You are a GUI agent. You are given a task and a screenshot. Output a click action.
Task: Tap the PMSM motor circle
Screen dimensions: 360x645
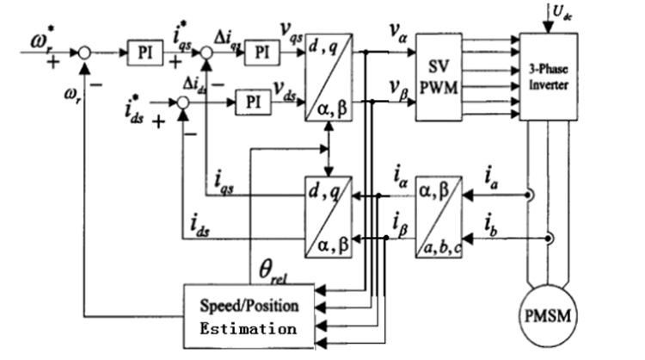tap(548, 312)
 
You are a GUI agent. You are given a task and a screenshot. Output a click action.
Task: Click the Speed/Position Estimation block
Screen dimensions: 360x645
tap(248, 316)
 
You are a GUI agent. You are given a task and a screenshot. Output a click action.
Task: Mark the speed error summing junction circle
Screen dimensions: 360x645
tap(83, 52)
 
